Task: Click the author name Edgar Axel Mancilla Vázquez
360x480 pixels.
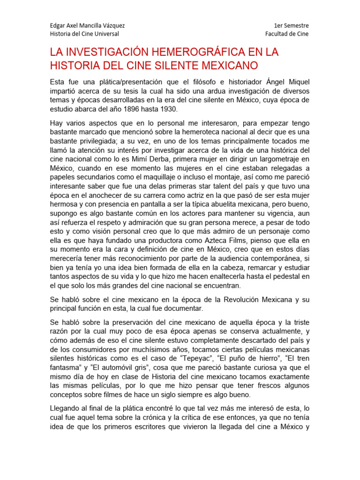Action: (87, 25)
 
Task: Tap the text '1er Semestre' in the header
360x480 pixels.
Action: (292, 25)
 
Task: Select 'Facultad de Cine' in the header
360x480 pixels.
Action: (287, 34)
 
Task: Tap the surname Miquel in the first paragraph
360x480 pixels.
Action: (296, 82)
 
